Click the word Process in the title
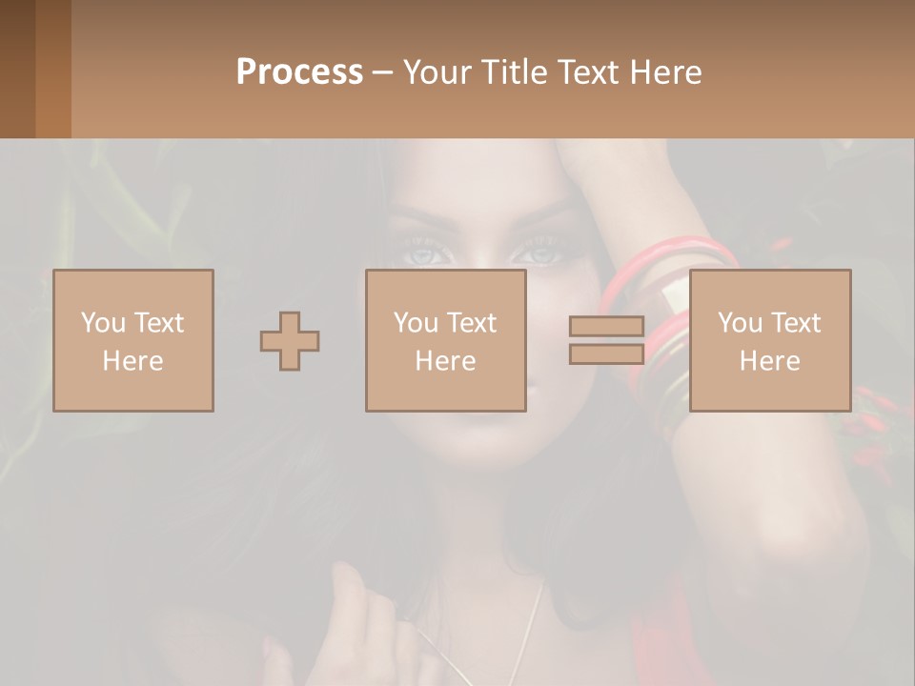pyautogui.click(x=299, y=71)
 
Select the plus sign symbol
pyautogui.click(x=290, y=340)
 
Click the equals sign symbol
pyautogui.click(x=606, y=340)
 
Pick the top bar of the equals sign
pyautogui.click(x=606, y=327)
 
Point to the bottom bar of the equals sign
pyautogui.click(x=606, y=353)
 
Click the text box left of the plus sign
pyautogui.click(x=132, y=340)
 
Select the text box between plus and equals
pyautogui.click(x=445, y=340)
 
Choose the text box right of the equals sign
pyautogui.click(x=769, y=340)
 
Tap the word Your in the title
pyautogui.click(x=436, y=71)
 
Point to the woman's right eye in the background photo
pyautogui.click(x=421, y=255)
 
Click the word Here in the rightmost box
pyautogui.click(x=769, y=360)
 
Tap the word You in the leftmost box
pyautogui.click(x=103, y=322)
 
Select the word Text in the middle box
pyautogui.click(x=472, y=322)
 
